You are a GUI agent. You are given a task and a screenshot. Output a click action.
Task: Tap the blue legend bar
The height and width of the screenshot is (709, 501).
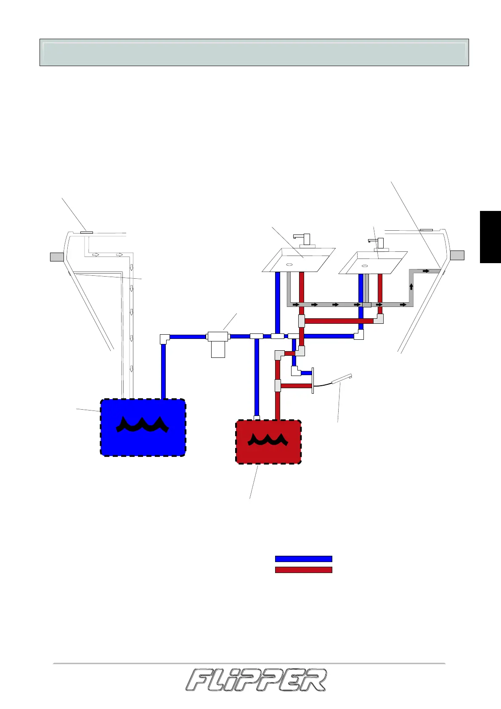[303, 559]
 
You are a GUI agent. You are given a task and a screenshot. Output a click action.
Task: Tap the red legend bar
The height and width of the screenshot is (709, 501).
[303, 570]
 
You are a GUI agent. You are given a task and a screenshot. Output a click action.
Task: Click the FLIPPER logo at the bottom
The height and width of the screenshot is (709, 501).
[256, 680]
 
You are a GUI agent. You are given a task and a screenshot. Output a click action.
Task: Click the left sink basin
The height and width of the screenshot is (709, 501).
[298, 260]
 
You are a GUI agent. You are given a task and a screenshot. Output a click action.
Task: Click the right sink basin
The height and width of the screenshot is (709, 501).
[373, 263]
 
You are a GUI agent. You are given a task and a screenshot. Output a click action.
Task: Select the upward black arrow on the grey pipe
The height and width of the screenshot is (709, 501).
[411, 287]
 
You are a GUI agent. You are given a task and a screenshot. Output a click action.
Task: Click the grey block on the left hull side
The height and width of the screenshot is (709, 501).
[57, 256]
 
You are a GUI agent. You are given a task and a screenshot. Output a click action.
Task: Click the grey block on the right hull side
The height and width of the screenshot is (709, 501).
[457, 255]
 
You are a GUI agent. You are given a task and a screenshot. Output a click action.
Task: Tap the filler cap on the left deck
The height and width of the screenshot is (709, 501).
[87, 232]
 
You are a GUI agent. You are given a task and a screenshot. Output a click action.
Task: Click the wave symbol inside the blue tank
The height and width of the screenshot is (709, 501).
[143, 425]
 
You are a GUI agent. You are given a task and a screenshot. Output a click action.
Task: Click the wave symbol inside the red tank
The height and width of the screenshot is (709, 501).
[268, 440]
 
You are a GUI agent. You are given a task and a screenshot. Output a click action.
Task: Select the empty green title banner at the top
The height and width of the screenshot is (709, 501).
[254, 53]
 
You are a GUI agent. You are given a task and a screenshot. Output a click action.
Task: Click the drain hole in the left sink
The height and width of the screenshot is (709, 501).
[289, 264]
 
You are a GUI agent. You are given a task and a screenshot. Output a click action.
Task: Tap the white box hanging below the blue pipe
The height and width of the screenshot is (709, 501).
[218, 349]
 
